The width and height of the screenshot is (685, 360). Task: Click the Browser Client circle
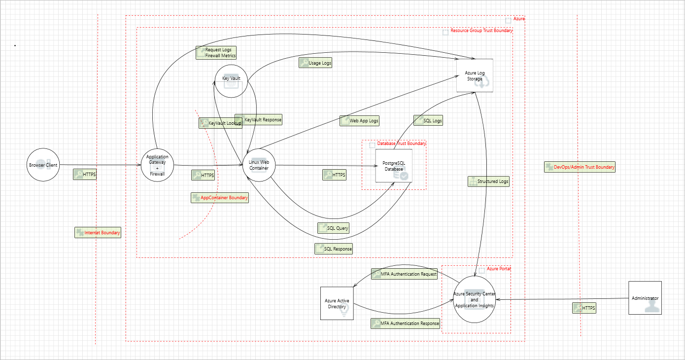(x=42, y=165)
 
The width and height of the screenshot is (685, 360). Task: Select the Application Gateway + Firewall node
(x=157, y=165)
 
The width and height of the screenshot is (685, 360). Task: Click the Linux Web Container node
(x=259, y=165)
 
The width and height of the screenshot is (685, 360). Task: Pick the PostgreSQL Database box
(x=393, y=166)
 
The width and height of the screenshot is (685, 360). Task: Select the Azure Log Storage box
(x=475, y=75)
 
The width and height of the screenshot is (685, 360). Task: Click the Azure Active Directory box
(x=337, y=303)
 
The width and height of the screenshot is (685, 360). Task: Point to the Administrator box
(x=645, y=298)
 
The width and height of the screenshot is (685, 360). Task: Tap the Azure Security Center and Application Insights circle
(x=474, y=299)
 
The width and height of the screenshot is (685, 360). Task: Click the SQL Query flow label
(x=334, y=228)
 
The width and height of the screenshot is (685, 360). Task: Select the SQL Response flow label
(x=334, y=249)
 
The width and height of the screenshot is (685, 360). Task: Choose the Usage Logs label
(x=315, y=63)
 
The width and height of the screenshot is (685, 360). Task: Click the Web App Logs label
(x=359, y=121)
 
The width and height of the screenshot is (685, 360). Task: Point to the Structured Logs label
(x=488, y=181)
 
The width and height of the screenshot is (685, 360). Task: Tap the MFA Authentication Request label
(x=404, y=274)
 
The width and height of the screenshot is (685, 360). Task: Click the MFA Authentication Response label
(x=405, y=324)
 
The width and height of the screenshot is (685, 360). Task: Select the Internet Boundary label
(x=98, y=233)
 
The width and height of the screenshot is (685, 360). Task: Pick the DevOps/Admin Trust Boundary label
(x=580, y=167)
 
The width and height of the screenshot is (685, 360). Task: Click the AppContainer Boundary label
(x=220, y=198)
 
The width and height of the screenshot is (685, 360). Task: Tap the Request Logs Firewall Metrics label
(x=216, y=53)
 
